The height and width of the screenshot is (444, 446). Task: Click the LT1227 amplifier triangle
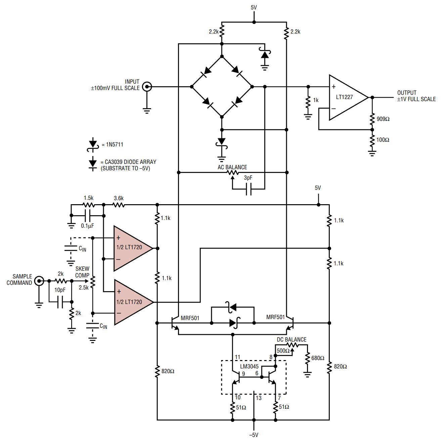click(346, 97)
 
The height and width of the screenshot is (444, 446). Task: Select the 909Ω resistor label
click(383, 119)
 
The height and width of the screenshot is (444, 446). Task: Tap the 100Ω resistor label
click(383, 140)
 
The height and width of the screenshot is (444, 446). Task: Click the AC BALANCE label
click(232, 167)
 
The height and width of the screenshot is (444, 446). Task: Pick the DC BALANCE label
click(292, 340)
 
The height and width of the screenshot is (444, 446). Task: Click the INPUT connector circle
click(147, 87)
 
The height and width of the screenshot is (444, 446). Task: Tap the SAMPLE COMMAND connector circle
click(39, 281)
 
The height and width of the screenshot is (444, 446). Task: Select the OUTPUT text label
click(407, 93)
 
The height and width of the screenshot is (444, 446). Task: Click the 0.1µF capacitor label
click(87, 226)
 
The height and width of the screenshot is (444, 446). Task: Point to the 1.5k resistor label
click(89, 198)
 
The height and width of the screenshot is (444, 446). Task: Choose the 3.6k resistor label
click(119, 198)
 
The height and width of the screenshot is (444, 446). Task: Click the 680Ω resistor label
click(318, 358)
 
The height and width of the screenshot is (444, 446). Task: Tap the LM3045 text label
click(249, 366)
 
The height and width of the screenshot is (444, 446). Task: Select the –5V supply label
click(254, 435)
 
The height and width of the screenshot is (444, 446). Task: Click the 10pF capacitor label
click(60, 290)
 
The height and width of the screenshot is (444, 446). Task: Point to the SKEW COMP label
click(82, 272)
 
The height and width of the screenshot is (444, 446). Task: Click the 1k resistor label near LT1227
click(316, 100)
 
